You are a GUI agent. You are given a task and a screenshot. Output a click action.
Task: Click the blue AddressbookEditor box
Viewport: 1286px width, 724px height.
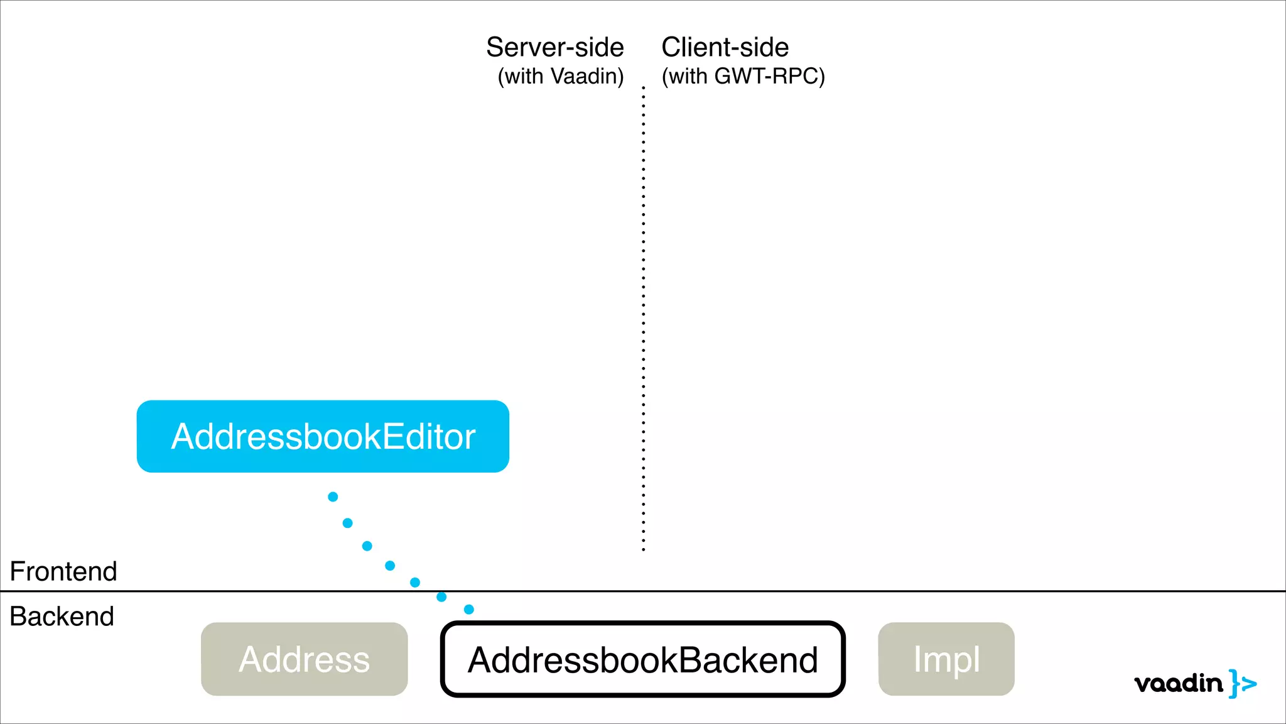pos(323,436)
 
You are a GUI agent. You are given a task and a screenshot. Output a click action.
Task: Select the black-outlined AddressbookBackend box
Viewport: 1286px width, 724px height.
pos(642,659)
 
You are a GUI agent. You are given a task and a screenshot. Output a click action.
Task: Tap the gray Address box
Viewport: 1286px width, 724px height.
pos(304,659)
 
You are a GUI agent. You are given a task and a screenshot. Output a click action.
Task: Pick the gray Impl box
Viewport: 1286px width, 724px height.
pos(946,659)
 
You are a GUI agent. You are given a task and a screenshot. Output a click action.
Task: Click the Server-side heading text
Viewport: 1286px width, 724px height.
pos(555,48)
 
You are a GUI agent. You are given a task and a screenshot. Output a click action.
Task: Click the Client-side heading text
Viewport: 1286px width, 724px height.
pos(725,48)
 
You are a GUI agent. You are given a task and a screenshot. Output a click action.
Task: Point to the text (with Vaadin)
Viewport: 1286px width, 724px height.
pos(561,77)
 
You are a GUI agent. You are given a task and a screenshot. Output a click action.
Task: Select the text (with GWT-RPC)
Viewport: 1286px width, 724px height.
pos(743,77)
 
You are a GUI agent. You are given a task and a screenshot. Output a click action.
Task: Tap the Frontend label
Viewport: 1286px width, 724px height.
pos(63,571)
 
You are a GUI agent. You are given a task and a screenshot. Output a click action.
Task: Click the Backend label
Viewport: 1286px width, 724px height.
pos(62,617)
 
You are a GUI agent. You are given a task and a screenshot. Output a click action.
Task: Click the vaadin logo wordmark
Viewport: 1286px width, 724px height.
pos(1179,683)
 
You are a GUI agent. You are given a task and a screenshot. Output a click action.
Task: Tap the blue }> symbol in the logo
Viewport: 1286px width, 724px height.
pos(1243,683)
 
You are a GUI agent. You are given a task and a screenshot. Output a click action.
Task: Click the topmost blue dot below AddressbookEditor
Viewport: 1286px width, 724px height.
pos(333,497)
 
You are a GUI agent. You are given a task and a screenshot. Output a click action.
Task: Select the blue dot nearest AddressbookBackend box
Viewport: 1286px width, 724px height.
pos(469,609)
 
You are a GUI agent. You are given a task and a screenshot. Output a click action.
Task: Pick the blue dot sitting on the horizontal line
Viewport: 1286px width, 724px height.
pos(441,596)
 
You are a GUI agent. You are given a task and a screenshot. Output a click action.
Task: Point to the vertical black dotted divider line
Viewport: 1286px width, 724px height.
pos(643,314)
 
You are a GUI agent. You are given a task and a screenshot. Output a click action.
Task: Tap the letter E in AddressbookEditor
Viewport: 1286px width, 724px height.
pos(392,436)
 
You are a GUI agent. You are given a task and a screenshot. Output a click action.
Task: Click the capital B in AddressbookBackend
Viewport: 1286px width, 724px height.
pos(689,660)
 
